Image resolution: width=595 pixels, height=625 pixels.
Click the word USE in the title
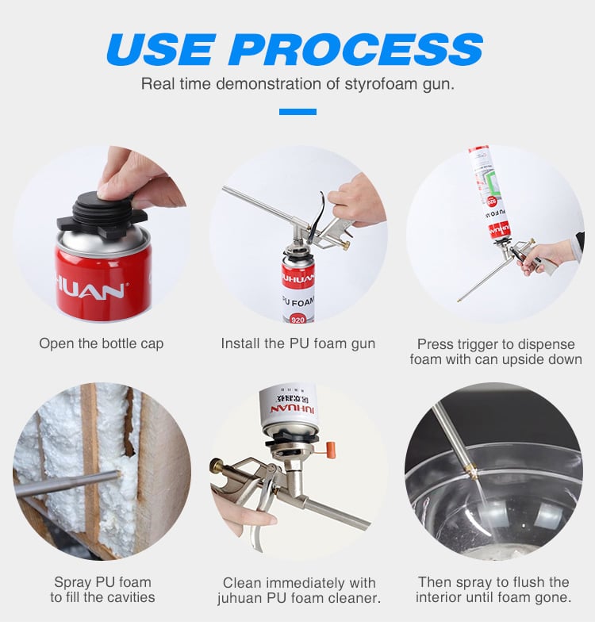pyautogui.click(x=159, y=49)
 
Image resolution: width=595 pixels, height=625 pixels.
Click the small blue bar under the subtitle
pyautogui.click(x=297, y=112)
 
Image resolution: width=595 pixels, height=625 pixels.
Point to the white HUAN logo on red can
pyautogui.click(x=90, y=290)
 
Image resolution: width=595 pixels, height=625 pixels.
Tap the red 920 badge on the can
pyautogui.click(x=297, y=319)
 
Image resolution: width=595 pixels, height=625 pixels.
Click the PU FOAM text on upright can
pyautogui.click(x=298, y=301)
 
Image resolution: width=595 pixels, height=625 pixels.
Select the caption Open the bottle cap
pyautogui.click(x=102, y=343)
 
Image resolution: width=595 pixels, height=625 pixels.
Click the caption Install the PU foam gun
pyautogui.click(x=298, y=343)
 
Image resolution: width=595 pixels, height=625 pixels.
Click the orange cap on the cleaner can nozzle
pyautogui.click(x=329, y=447)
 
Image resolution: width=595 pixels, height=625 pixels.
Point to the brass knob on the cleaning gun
pyautogui.click(x=217, y=465)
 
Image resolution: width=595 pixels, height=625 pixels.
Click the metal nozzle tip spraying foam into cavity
pyautogui.click(x=116, y=474)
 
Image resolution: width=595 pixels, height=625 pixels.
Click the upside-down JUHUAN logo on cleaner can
pyautogui.click(x=292, y=410)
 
